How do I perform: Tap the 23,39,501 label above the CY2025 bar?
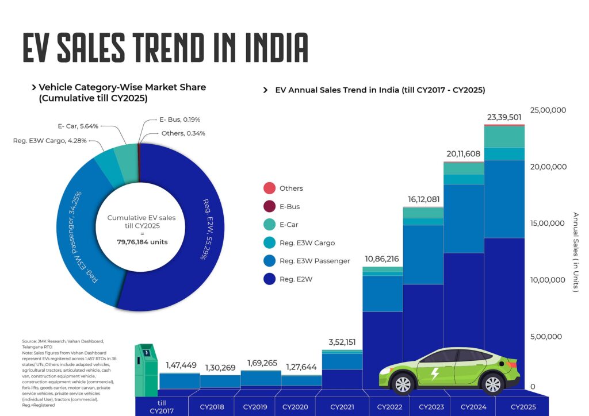[x=505, y=118]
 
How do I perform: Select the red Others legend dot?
[x=269, y=188]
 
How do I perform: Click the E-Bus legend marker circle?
[x=269, y=206]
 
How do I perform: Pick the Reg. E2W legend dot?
[x=269, y=279]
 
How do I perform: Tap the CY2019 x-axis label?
[x=255, y=407]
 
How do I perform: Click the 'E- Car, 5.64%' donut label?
[x=78, y=126]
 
